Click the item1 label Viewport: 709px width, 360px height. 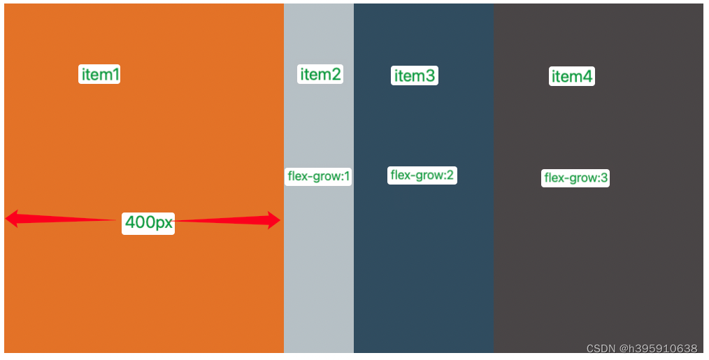tap(99, 74)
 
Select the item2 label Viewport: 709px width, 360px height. tap(320, 74)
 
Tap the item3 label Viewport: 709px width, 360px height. tap(415, 75)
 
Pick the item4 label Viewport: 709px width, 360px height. tap(572, 76)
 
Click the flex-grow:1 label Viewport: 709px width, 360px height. tap(318, 176)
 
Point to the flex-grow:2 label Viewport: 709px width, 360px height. tap(422, 175)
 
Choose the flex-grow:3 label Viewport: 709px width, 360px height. tap(575, 178)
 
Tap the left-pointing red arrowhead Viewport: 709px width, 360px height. tap(13, 219)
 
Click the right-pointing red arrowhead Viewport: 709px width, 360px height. tap(273, 221)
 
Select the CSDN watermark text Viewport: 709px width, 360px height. tap(641, 348)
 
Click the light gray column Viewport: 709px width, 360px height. tap(319, 280)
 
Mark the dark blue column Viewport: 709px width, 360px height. tap(424, 280)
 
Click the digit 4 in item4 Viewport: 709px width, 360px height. tap(588, 76)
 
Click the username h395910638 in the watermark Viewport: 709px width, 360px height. tap(661, 348)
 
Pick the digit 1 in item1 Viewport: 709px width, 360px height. tap(115, 74)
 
